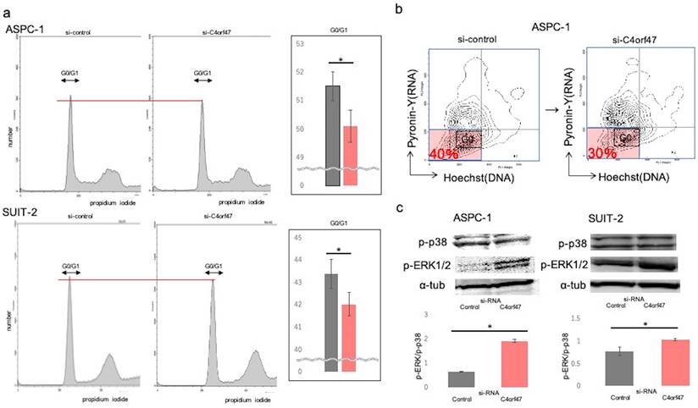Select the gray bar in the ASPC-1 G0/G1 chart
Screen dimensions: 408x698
click(333, 135)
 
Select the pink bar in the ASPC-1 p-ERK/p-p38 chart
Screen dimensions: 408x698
click(508, 364)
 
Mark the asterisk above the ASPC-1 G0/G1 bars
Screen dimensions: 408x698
click(341, 57)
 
